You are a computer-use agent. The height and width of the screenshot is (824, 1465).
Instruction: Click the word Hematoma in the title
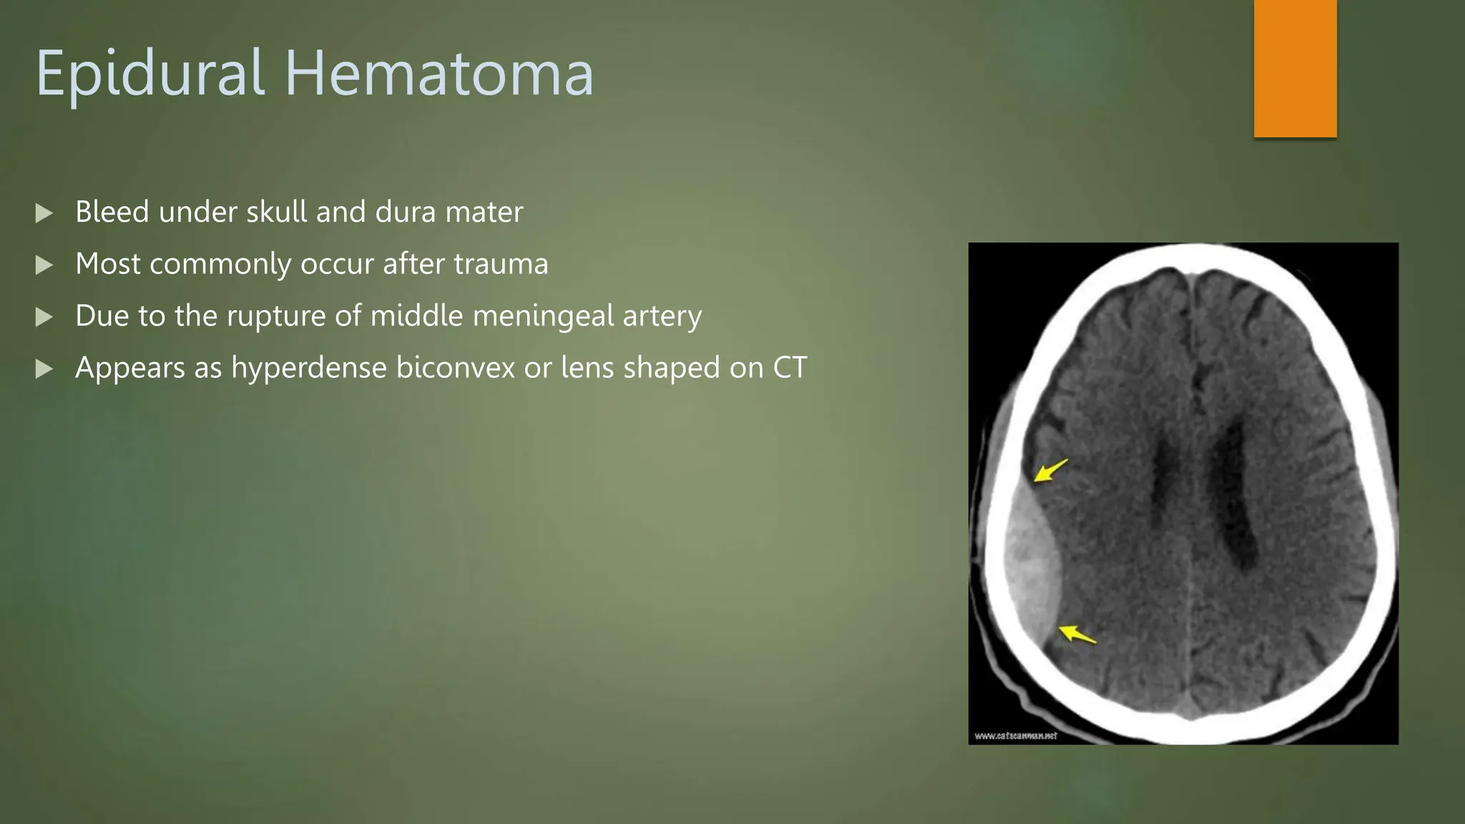[x=439, y=74]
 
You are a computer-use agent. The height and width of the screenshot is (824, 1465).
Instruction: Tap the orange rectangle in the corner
[x=1295, y=69]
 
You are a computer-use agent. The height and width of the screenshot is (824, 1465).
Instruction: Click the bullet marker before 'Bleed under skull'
[x=44, y=213]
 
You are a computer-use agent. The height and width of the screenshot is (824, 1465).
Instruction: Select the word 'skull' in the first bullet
[x=276, y=212]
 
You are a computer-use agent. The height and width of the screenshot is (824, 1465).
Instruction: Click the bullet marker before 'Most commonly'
[x=44, y=265]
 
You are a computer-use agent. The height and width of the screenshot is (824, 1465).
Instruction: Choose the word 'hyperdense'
[x=308, y=368]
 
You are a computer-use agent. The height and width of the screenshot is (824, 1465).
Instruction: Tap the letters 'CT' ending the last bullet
[x=790, y=368]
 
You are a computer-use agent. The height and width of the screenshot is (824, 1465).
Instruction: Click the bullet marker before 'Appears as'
[x=44, y=369]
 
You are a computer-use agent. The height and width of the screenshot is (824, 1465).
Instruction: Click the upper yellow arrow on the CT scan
[x=1049, y=471]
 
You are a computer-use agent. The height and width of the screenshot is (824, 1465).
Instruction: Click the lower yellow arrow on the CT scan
[x=1077, y=634]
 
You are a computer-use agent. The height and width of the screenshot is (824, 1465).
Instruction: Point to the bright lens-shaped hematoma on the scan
[x=1030, y=565]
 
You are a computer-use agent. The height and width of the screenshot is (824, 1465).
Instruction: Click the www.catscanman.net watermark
[x=1015, y=735]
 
